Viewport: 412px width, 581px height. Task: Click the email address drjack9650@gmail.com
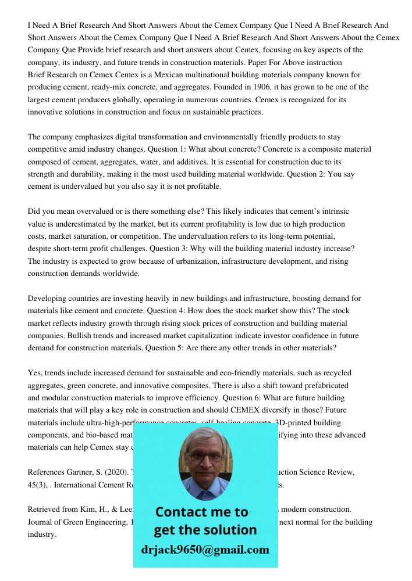coord(205,550)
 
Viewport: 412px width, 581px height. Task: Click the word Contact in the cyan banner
coord(181,512)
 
